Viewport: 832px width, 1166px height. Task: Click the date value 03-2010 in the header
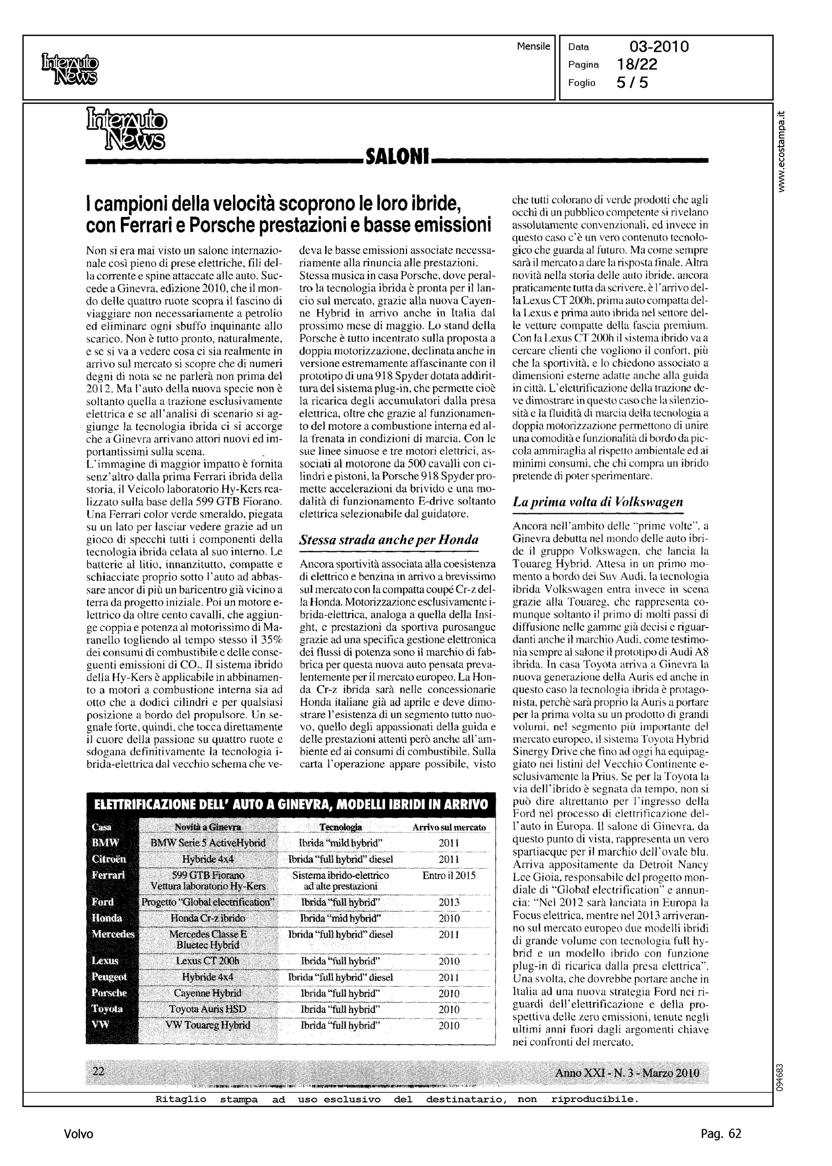pos(659,47)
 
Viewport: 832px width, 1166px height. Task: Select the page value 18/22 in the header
pos(637,64)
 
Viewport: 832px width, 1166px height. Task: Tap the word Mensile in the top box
pos(534,46)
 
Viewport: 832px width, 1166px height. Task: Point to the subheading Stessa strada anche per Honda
pos(389,539)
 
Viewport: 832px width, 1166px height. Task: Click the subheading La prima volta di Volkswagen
pos(598,502)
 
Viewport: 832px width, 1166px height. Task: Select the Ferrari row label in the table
pos(108,875)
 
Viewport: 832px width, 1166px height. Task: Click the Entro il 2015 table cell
pos(449,875)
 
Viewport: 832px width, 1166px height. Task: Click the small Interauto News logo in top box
pos(70,70)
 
